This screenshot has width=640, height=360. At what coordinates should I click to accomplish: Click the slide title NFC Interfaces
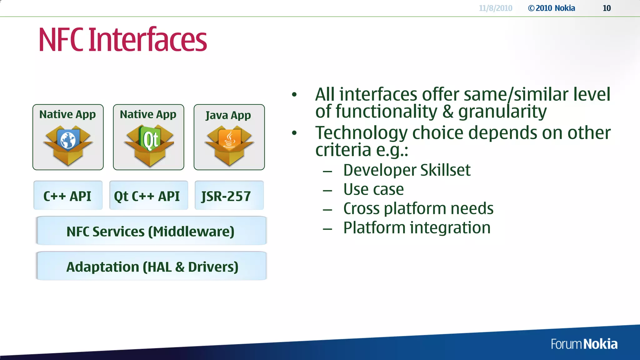(122, 40)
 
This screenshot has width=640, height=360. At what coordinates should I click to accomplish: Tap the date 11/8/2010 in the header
(495, 8)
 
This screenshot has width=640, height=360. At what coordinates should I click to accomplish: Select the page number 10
(607, 8)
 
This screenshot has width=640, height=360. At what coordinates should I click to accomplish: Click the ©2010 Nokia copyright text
(551, 8)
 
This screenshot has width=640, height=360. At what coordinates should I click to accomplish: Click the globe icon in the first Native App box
(68, 139)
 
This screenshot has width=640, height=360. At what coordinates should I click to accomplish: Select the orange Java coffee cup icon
(229, 139)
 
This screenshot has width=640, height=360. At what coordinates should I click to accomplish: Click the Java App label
(228, 115)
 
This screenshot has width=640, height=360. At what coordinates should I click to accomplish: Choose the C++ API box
(68, 196)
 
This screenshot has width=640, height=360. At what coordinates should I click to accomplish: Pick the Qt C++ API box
(148, 196)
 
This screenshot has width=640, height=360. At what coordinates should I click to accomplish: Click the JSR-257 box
(229, 196)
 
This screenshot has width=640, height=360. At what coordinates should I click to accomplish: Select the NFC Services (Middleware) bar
(151, 231)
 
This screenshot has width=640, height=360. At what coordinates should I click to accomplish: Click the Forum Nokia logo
(584, 344)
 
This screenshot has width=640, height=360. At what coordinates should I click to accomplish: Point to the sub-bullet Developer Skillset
(407, 170)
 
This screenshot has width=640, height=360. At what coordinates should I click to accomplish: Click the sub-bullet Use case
(373, 189)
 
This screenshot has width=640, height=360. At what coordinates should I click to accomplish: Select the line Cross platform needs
(418, 208)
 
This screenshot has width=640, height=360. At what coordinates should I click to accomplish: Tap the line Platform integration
(417, 227)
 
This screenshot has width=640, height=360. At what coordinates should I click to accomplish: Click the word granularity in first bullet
(502, 112)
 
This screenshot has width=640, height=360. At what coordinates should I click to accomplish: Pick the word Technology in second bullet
(361, 133)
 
